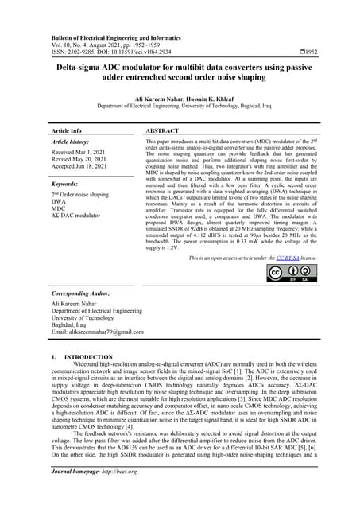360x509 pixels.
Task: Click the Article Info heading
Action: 66,130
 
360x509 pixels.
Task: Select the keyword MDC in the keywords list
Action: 60,208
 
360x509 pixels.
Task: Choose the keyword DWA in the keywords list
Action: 60,201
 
